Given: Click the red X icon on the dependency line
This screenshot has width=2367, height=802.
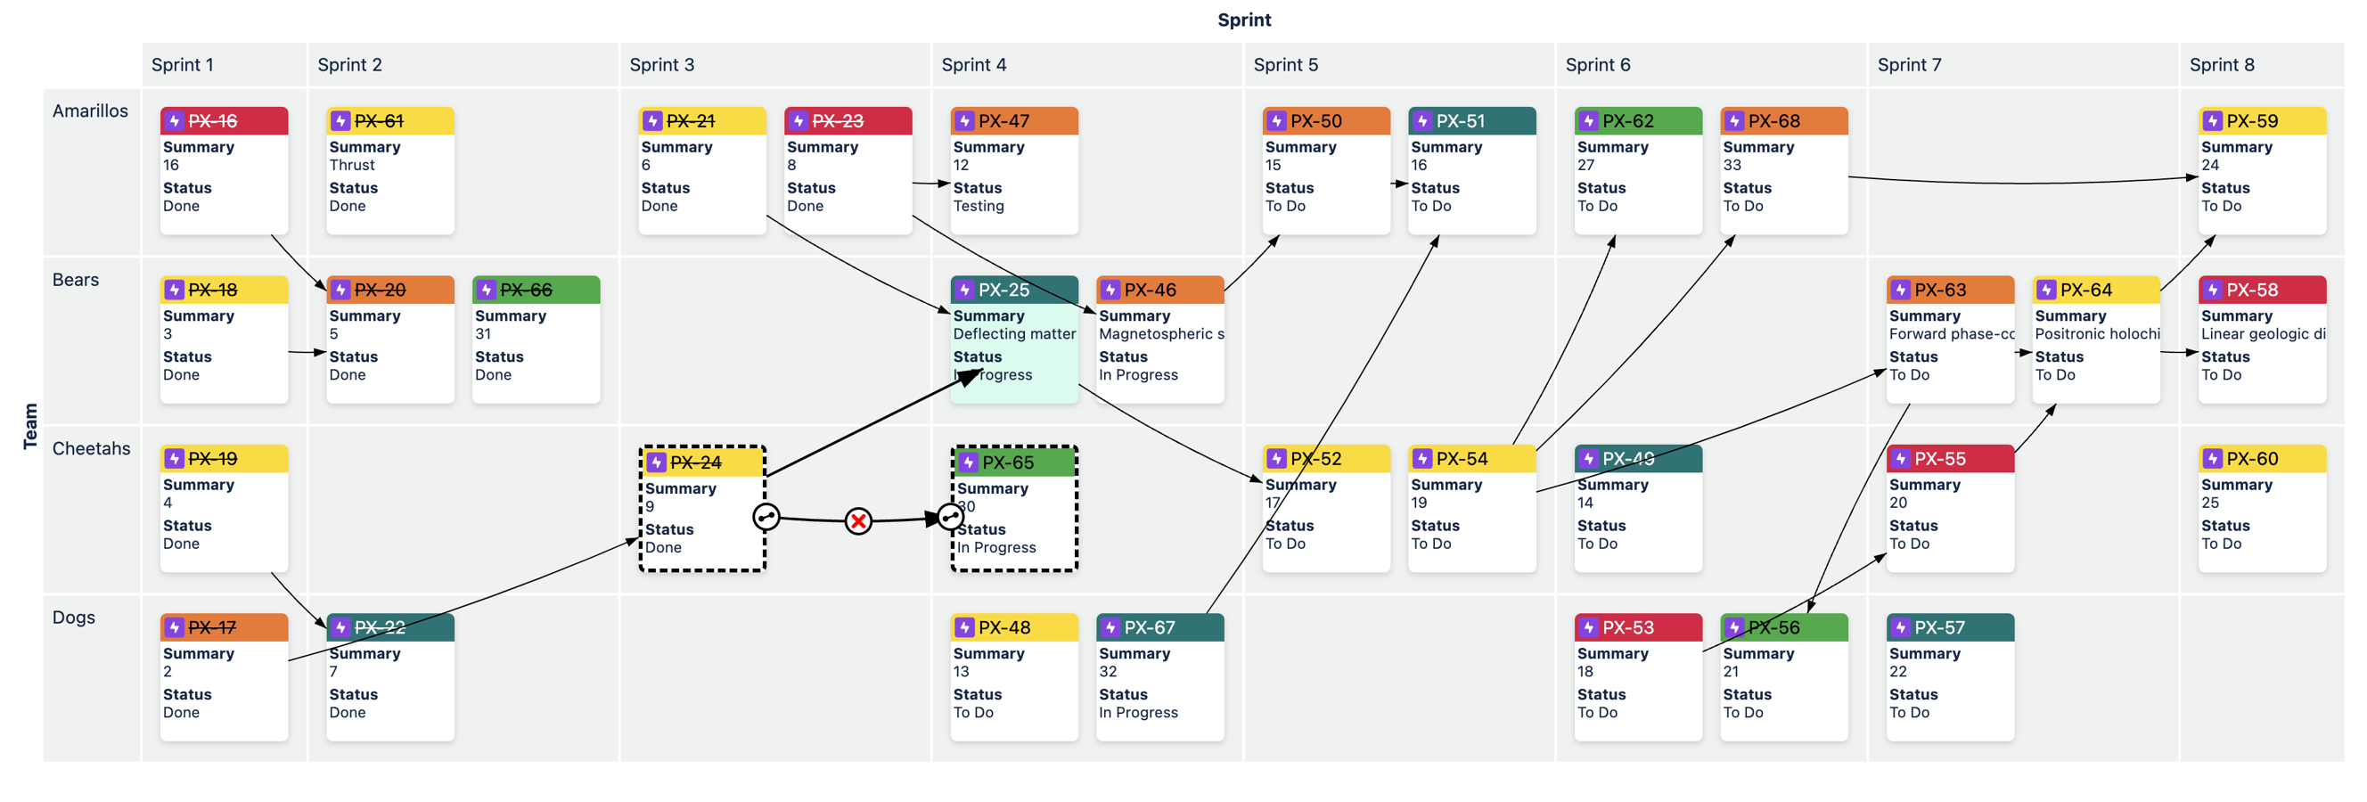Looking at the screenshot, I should pos(858,522).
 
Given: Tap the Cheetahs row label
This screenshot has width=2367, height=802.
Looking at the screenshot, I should pos(91,448).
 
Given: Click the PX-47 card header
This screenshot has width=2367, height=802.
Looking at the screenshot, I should pos(1013,121).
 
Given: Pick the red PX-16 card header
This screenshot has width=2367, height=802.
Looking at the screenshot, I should pos(224,121).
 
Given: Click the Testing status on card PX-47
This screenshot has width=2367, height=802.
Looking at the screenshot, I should pos(978,207).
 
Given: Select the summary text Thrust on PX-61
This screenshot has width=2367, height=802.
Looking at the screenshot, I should pos(352,166).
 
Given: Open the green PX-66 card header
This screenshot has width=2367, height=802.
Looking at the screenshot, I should pos(536,291).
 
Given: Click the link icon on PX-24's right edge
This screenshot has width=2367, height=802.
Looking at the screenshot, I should pos(766,517).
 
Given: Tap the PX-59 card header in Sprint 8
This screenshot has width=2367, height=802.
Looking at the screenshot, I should pos(2261,121).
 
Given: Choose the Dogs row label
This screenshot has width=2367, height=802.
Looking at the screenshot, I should pos(73,618).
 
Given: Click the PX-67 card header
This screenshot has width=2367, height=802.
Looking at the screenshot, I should pos(1159,627).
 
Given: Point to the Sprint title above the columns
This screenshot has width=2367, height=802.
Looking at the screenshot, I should pos(1243,20).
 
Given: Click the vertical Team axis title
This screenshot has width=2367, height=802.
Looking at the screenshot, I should pos(30,426).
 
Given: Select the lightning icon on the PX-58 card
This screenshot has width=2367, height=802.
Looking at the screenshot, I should pos(2212,291).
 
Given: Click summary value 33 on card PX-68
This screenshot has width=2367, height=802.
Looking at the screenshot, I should pos(1732,166).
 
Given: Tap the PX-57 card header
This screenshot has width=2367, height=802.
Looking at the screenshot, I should pos(1950,627).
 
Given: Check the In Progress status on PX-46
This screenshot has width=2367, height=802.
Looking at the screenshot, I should pos(1137,375).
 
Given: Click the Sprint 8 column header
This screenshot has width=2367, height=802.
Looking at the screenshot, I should pos(2221,65).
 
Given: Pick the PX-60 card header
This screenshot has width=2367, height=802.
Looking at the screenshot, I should pos(2261,458).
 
